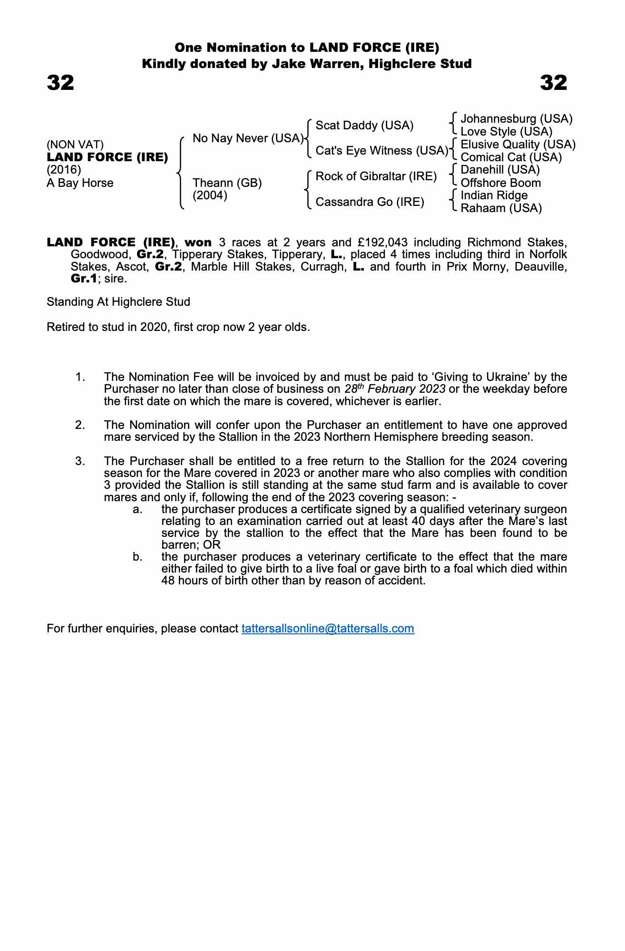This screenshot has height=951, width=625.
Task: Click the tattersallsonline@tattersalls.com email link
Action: click(x=328, y=629)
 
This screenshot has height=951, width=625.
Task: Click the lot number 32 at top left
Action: click(x=60, y=83)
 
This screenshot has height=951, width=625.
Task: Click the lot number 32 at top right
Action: click(x=553, y=83)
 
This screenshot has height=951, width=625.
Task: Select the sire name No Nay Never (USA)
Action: click(x=248, y=138)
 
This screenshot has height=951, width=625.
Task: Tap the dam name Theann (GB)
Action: click(x=227, y=183)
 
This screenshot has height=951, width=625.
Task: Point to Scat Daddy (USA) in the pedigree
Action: click(x=364, y=126)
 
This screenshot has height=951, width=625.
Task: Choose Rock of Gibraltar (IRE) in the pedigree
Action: click(x=376, y=176)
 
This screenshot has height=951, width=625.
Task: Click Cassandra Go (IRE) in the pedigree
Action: click(x=370, y=202)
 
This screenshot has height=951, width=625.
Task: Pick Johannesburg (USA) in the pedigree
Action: click(x=516, y=119)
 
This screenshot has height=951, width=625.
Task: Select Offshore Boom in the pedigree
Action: click(x=500, y=183)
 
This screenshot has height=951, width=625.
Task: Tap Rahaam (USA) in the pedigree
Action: click(x=501, y=208)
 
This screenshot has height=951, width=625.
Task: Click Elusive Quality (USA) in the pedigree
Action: click(x=518, y=145)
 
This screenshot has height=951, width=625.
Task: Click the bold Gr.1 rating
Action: click(x=84, y=279)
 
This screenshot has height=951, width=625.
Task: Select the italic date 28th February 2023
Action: click(x=395, y=389)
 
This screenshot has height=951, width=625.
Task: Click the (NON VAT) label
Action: click(x=75, y=145)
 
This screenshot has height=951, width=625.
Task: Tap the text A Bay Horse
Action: click(x=80, y=183)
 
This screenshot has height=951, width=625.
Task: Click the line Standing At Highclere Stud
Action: click(x=118, y=302)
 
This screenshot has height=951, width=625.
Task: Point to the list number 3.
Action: click(x=80, y=461)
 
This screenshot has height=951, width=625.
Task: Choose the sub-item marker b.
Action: click(x=137, y=557)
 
